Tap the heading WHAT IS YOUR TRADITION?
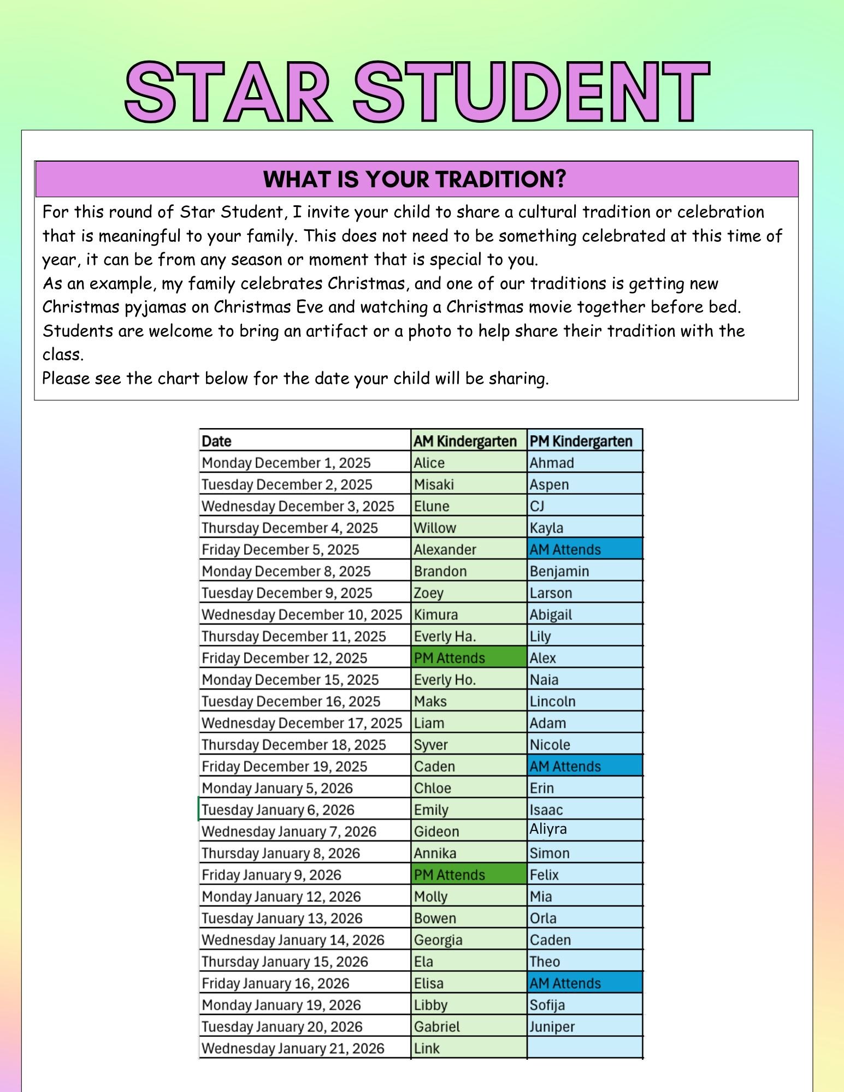pyautogui.click(x=415, y=179)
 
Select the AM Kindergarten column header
pyautogui.click(x=465, y=441)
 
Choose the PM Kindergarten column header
pyautogui.click(x=581, y=441)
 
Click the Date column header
pyautogui.click(x=216, y=441)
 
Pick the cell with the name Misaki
pyautogui.click(x=434, y=484)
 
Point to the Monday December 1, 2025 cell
pyautogui.click(x=286, y=462)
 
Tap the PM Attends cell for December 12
pyautogui.click(x=450, y=658)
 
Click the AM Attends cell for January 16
pyautogui.click(x=565, y=983)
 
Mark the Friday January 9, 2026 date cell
pyautogui.click(x=272, y=875)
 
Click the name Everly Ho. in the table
pyautogui.click(x=445, y=680)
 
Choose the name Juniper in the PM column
pyautogui.click(x=552, y=1026)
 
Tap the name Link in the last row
pyautogui.click(x=427, y=1048)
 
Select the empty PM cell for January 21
pyautogui.click(x=585, y=1048)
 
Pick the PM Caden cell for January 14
pyautogui.click(x=550, y=940)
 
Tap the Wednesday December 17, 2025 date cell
pyautogui.click(x=302, y=723)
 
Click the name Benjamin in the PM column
pyautogui.click(x=559, y=571)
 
